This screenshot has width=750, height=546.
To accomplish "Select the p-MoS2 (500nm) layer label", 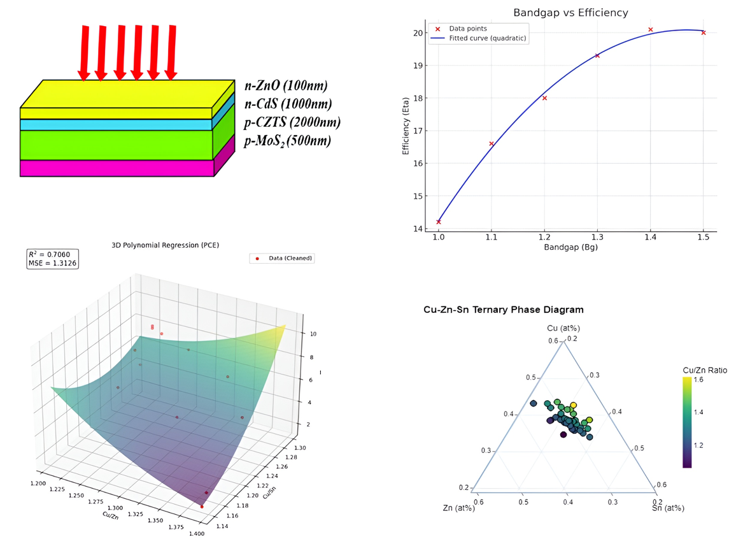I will [x=288, y=140].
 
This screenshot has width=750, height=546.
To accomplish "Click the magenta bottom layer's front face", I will [x=117, y=168].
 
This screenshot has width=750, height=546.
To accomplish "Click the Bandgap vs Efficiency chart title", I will [x=570, y=13].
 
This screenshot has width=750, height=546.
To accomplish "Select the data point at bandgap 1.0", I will [x=439, y=222].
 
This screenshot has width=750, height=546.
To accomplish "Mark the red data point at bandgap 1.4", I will [x=650, y=29].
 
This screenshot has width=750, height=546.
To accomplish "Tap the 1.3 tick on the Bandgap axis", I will [x=597, y=236].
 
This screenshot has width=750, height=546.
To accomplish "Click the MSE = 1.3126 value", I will [x=52, y=263].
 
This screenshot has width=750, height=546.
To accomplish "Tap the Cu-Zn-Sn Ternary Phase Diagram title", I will [x=503, y=310].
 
